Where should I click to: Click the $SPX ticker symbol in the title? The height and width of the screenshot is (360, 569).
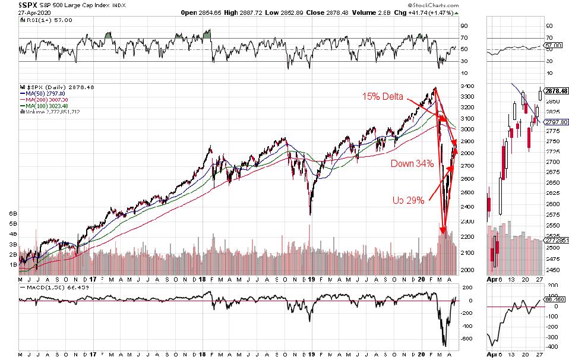point(11,5)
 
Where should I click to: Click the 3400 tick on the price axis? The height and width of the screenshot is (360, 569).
point(467,87)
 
